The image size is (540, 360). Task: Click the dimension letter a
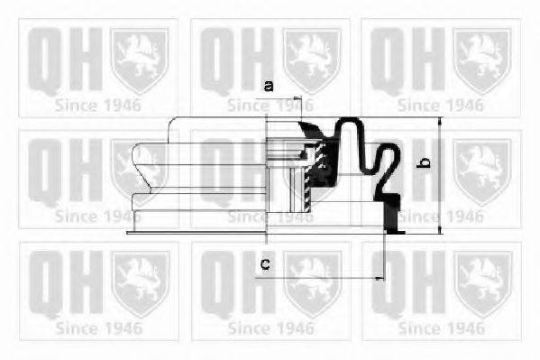(x=268, y=87)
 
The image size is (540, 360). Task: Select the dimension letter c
(x=265, y=263)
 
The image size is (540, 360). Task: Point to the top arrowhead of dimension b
(x=439, y=123)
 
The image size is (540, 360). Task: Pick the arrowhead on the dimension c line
(x=377, y=277)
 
